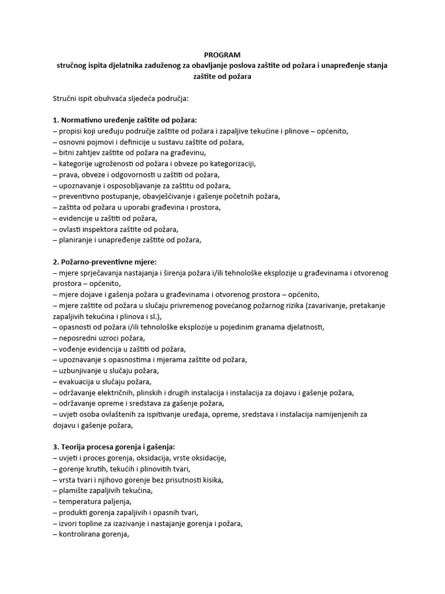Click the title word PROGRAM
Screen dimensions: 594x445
[222, 55]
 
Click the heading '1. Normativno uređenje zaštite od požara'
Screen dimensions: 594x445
[125, 120]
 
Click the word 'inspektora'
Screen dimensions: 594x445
[101, 229]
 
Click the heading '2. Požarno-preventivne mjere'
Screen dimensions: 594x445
[109, 262]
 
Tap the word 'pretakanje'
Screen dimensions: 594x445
[370, 305]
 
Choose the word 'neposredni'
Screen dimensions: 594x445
[79, 338]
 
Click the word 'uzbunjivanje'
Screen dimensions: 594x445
[81, 371]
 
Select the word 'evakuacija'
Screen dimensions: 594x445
[78, 381]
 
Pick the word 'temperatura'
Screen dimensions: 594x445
[81, 501]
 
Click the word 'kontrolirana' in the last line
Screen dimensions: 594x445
[81, 534]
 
